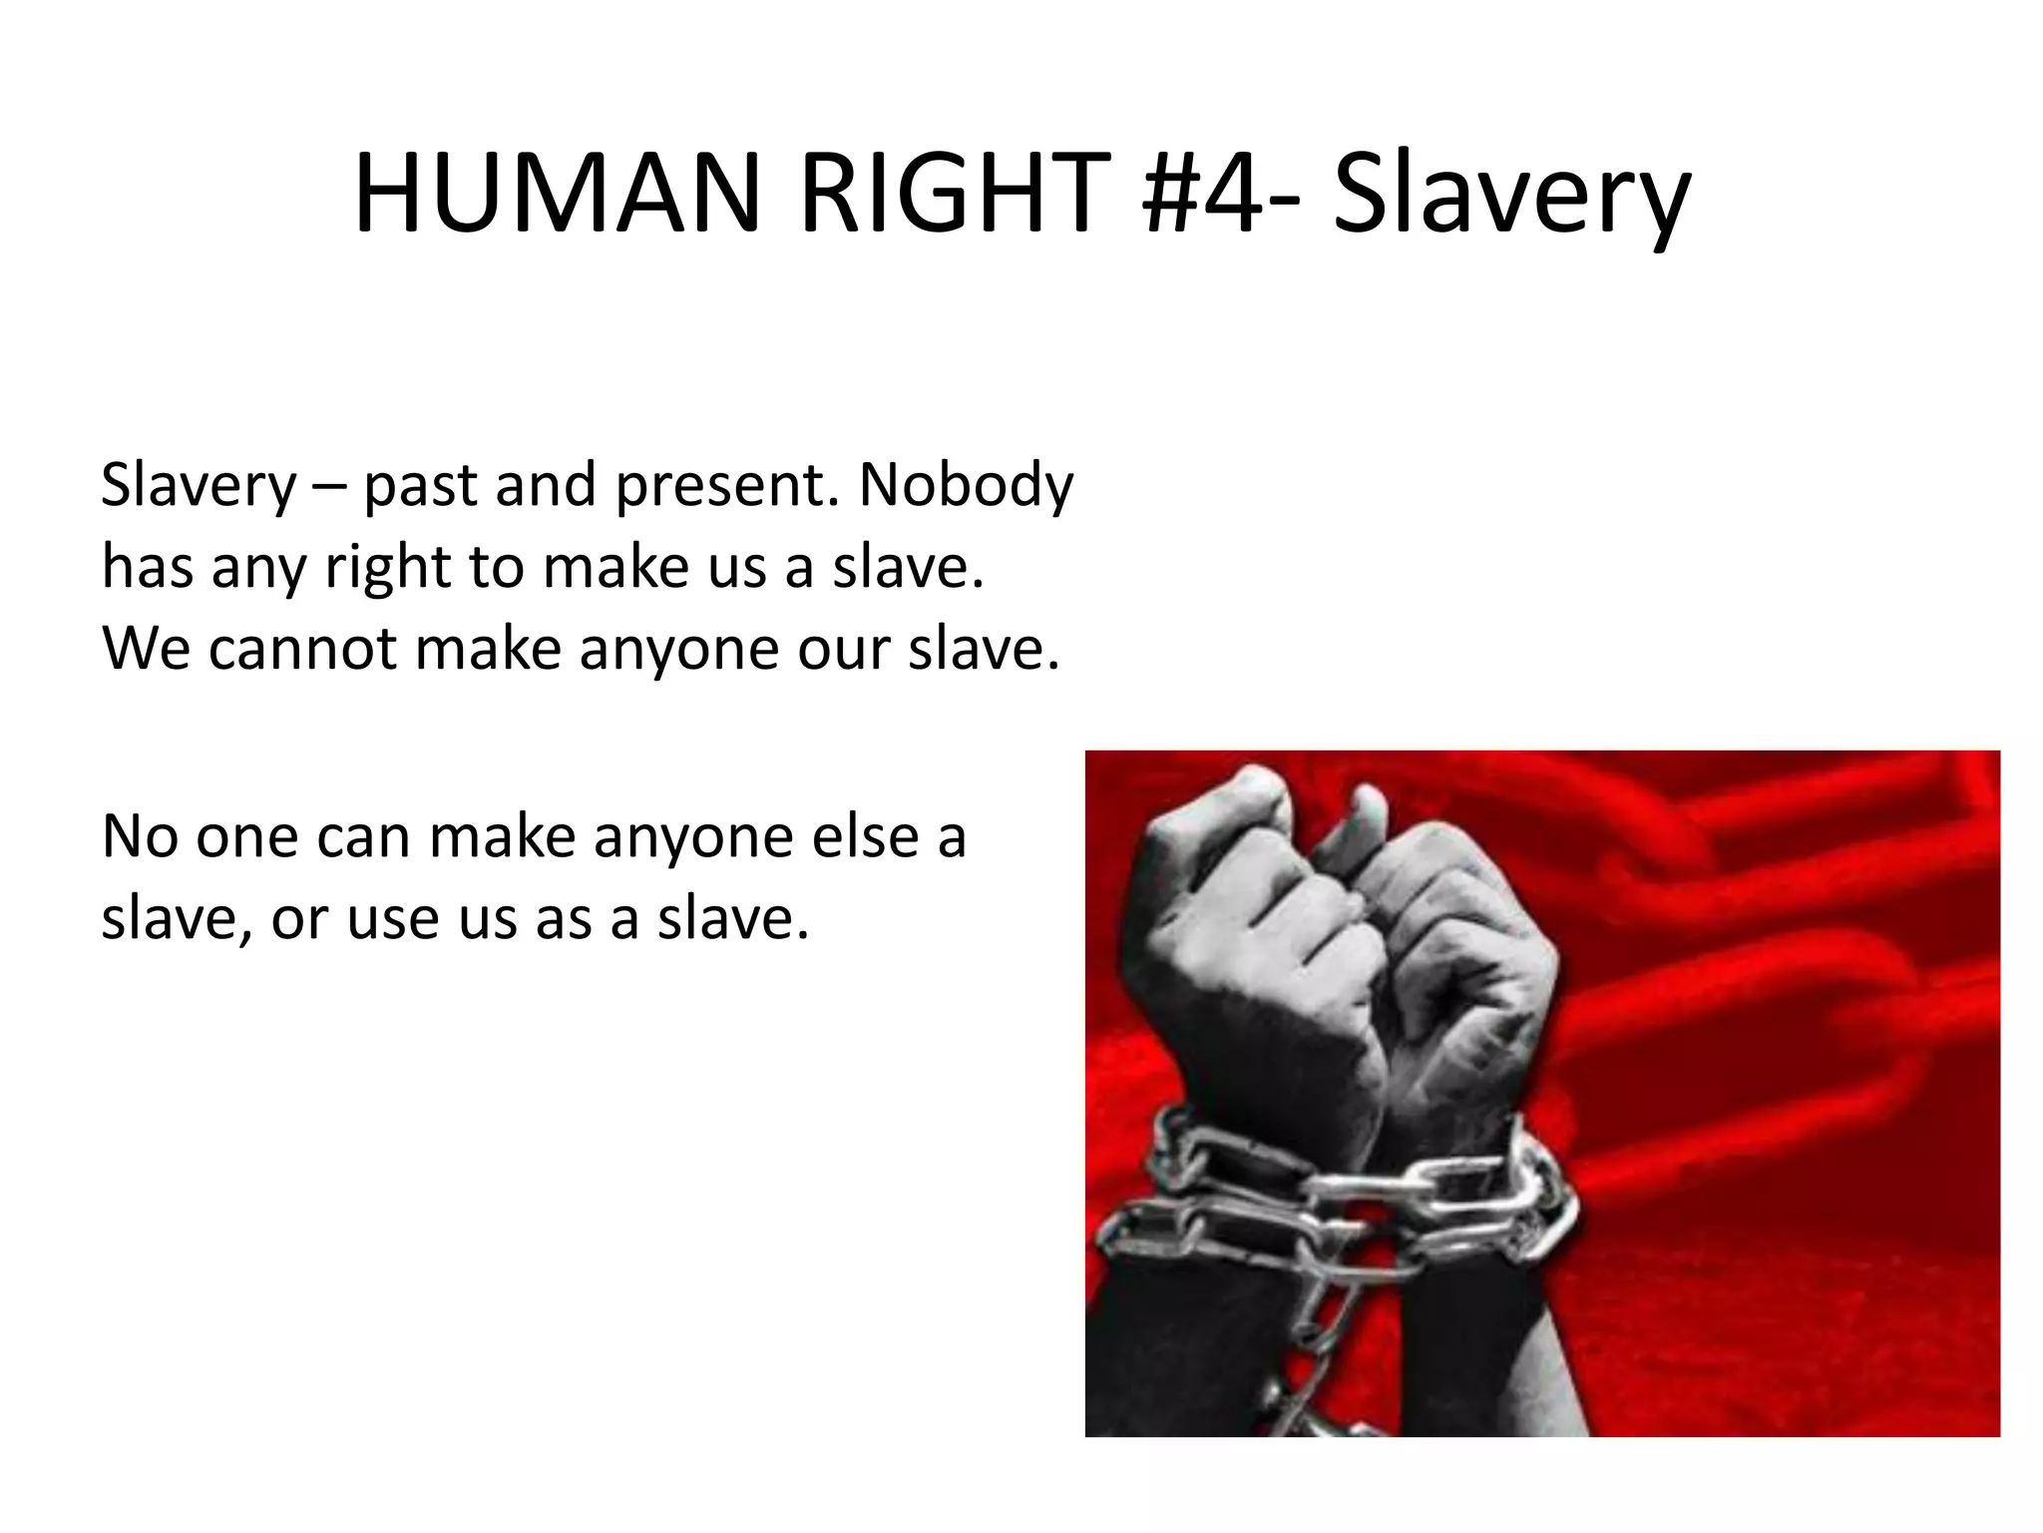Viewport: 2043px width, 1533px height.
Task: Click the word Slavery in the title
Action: tap(1510, 195)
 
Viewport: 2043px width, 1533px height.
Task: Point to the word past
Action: tap(420, 486)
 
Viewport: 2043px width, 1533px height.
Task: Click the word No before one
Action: tap(140, 835)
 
